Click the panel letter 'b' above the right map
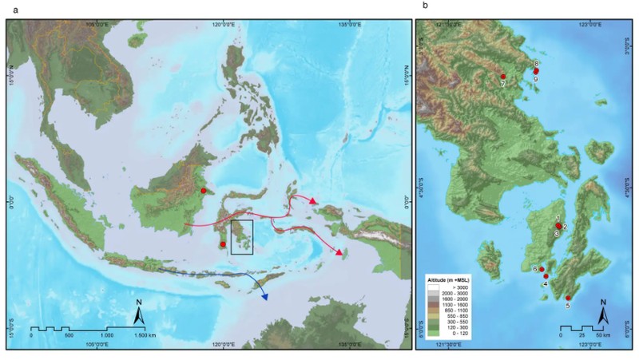coord(425,6)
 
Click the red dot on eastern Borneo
coord(204,191)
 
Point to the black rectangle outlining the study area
coord(241,237)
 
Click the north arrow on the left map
coord(138,316)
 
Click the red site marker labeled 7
coord(503,76)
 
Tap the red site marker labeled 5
coord(568,298)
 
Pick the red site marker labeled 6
coord(542,269)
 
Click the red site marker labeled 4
coord(546,277)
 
